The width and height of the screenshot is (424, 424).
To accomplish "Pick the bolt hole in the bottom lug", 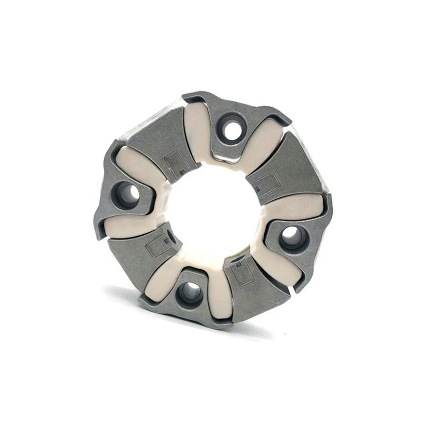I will pyautogui.click(x=189, y=292).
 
